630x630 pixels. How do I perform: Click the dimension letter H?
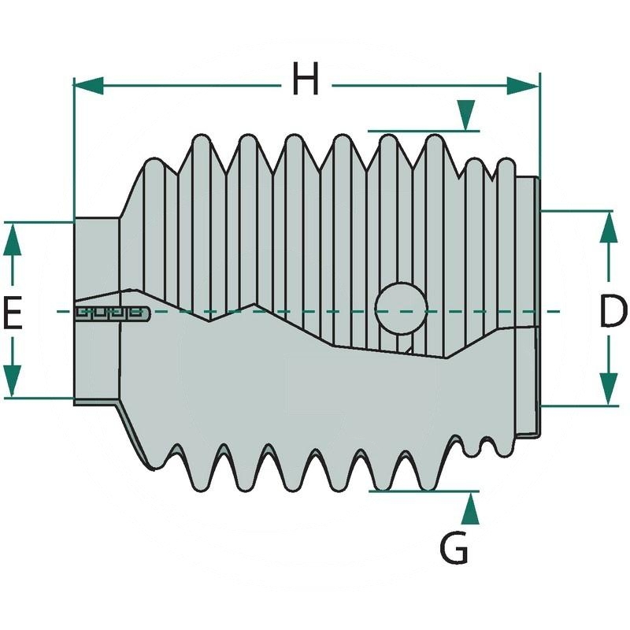(306, 80)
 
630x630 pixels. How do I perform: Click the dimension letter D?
(612, 312)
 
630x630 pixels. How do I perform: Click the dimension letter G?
(454, 548)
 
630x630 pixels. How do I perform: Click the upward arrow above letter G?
(470, 509)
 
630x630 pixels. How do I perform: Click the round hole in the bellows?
(401, 308)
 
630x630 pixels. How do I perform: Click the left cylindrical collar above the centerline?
(96, 260)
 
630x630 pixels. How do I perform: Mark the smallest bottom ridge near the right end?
(472, 450)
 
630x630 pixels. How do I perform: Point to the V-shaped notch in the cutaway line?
(209, 319)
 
